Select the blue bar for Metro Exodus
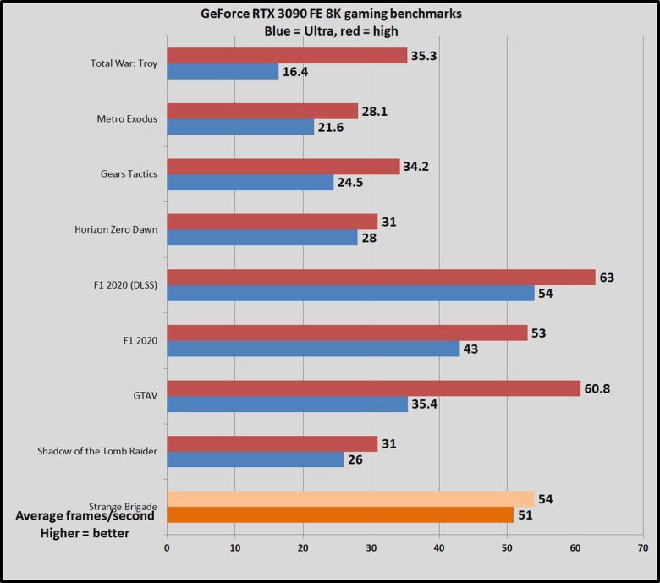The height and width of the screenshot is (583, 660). click(x=240, y=127)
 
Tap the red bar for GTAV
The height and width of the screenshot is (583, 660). click(x=374, y=388)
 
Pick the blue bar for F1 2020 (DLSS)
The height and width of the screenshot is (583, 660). click(x=351, y=293)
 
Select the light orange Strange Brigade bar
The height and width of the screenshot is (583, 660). click(x=351, y=499)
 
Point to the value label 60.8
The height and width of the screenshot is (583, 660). click(x=602, y=388)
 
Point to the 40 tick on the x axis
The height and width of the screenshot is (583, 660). click(x=439, y=547)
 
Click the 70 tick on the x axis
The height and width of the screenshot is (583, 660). click(x=643, y=547)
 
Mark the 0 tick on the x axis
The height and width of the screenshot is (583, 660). click(x=167, y=547)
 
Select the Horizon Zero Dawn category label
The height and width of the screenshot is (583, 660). click(x=117, y=230)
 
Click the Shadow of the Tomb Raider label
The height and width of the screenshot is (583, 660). click(x=98, y=451)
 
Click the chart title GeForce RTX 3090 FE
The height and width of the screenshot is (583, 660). click(x=338, y=14)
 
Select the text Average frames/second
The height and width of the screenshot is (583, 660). click(x=85, y=516)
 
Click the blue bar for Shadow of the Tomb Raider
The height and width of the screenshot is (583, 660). click(x=256, y=459)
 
